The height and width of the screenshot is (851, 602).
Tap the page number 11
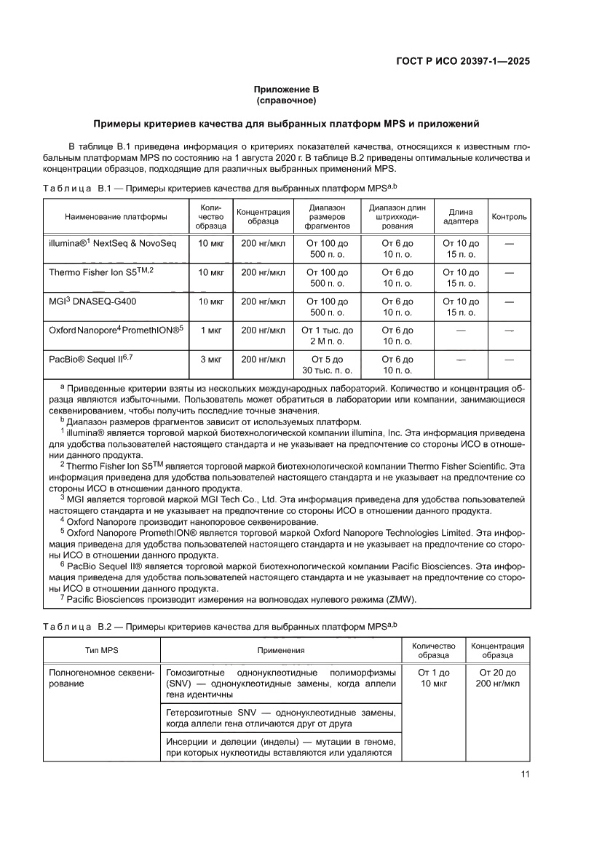click(x=524, y=774)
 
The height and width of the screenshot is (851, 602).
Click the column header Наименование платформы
click(x=116, y=217)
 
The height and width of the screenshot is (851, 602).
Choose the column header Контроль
click(x=509, y=217)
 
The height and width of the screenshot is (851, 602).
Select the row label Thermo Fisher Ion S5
click(x=101, y=272)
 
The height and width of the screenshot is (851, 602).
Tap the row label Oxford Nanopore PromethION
click(x=116, y=330)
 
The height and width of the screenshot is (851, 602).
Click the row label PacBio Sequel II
click(x=90, y=359)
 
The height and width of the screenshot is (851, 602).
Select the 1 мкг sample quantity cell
click(x=210, y=330)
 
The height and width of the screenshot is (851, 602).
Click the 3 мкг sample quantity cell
click(x=210, y=359)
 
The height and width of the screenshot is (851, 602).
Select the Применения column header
click(x=280, y=650)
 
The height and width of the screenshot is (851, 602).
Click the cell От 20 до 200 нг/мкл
click(x=498, y=678)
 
